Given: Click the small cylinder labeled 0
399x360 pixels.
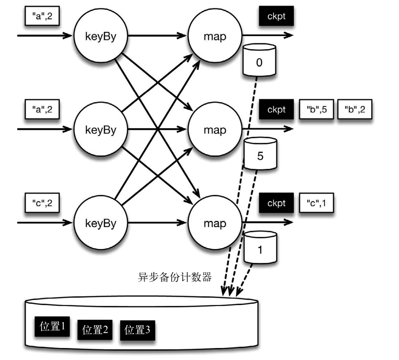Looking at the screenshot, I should [x=259, y=62].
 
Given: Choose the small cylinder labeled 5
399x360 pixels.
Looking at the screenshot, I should [x=260, y=155].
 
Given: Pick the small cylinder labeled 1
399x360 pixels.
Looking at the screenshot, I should [x=260, y=248].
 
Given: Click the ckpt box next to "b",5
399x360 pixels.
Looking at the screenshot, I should [x=276, y=109].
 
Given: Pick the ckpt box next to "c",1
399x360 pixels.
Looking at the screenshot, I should [x=276, y=203].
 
